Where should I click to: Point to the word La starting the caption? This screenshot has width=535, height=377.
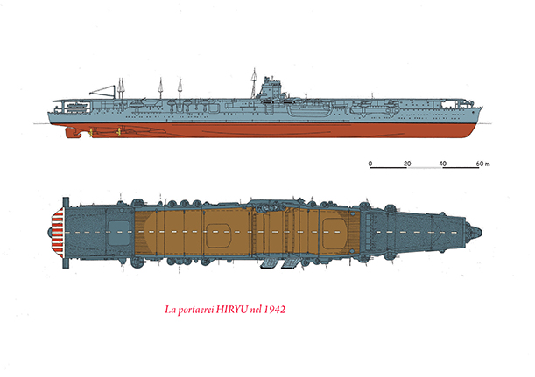172,310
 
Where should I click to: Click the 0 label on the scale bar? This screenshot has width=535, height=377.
370,164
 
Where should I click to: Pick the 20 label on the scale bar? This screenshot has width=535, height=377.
406,164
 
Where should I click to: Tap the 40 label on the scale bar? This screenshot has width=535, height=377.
443,164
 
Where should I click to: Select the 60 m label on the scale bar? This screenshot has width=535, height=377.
482,164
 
